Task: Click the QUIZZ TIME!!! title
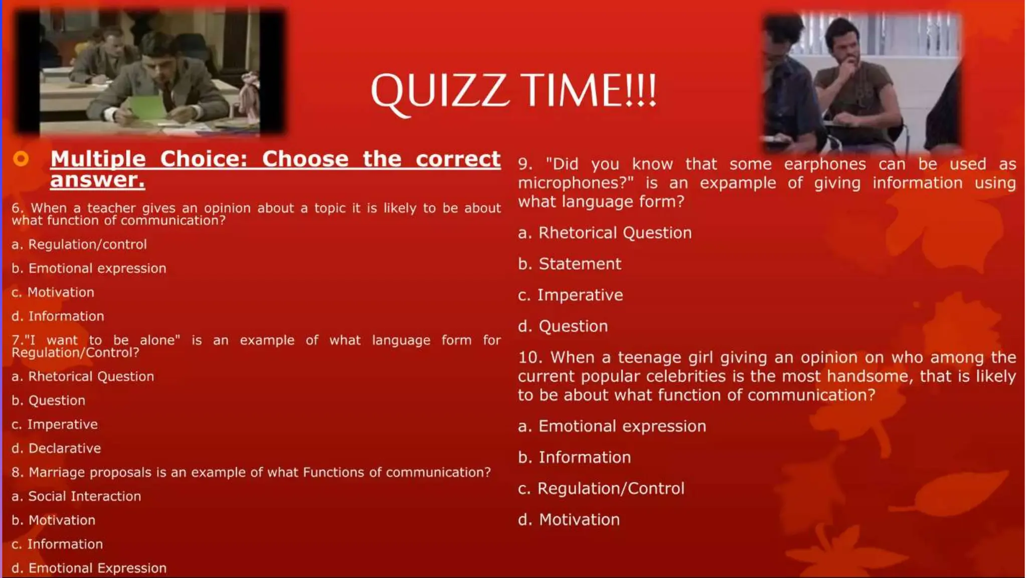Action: pyautogui.click(x=513, y=91)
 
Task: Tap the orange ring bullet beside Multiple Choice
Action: pyautogui.click(x=21, y=159)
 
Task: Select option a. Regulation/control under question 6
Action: pyautogui.click(x=79, y=244)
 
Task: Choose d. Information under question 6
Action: pyautogui.click(x=58, y=316)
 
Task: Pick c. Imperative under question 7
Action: pyautogui.click(x=55, y=424)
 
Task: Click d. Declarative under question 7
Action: pyautogui.click(x=56, y=448)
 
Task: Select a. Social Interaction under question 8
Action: pyautogui.click(x=76, y=496)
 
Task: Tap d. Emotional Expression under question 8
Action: pyautogui.click(x=89, y=568)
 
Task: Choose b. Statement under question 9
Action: pyautogui.click(x=569, y=264)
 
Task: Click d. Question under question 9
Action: pyautogui.click(x=563, y=326)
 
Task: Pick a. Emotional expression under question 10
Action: pyautogui.click(x=612, y=426)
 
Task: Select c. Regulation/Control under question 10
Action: pyautogui.click(x=601, y=488)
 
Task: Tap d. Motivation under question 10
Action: pyautogui.click(x=569, y=519)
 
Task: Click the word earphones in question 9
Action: pyautogui.click(x=824, y=164)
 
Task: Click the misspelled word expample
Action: pyautogui.click(x=738, y=183)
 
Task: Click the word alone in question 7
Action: pyautogui.click(x=159, y=340)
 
